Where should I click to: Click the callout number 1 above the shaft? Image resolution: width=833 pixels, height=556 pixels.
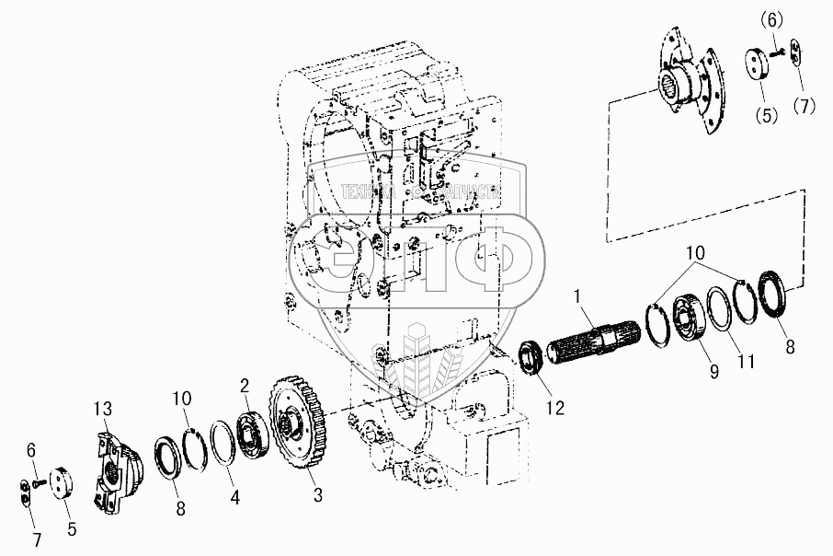tap(577, 298)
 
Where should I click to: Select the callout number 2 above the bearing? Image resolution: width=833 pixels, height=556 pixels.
tap(245, 385)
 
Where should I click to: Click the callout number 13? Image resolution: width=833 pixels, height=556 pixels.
tap(104, 408)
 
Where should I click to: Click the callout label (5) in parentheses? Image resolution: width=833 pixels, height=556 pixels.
tap(765, 116)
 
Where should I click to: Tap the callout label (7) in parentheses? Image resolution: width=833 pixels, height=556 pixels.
tap(806, 107)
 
